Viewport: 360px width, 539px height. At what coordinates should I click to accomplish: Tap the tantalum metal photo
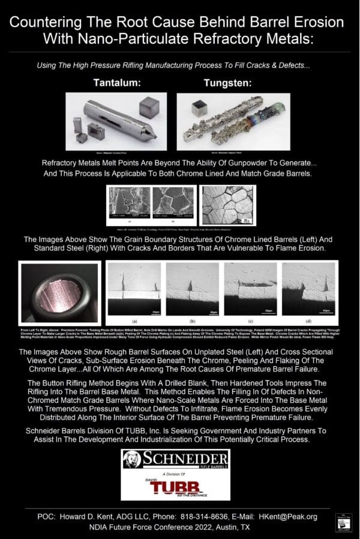pos(116,122)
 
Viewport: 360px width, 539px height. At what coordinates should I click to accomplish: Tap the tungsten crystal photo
pos(233,122)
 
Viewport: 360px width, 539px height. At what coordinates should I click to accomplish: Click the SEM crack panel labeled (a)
pos(125,288)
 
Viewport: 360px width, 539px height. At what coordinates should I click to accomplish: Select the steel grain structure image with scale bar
pos(227,205)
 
